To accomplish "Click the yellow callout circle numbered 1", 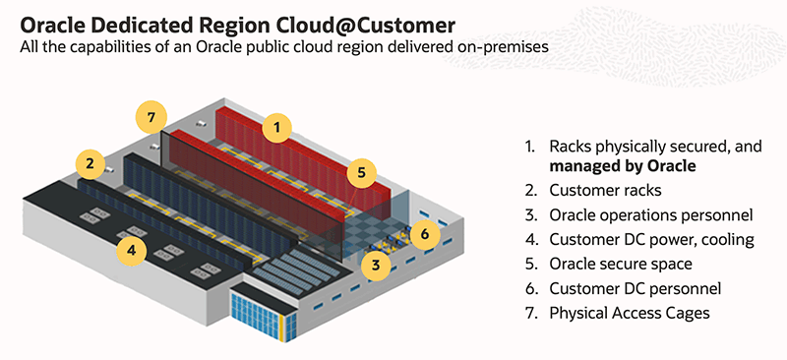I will pyautogui.click(x=277, y=126).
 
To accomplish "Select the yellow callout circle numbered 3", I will pyautogui.click(x=374, y=263).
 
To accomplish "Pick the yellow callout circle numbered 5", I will pyautogui.click(x=361, y=172).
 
